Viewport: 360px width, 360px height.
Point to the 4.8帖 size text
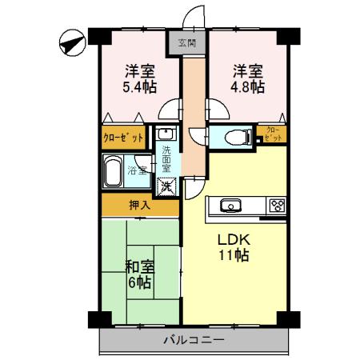click(246, 86)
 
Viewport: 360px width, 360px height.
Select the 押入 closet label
click(139, 205)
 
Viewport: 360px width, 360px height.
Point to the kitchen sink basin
click(229, 205)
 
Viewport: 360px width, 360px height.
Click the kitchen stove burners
click(277, 205)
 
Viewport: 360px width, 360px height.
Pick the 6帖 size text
click(139, 284)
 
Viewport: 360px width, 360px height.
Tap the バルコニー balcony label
click(192, 339)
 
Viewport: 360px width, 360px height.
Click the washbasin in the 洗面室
click(166, 134)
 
